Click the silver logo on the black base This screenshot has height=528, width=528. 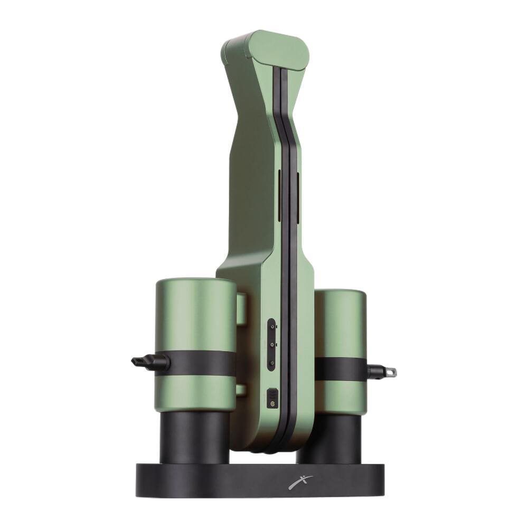(x=300, y=482)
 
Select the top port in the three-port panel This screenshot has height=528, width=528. (x=271, y=327)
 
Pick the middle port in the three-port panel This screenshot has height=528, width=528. (x=271, y=344)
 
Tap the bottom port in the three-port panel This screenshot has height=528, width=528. (x=271, y=363)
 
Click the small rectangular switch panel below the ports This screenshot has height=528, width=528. (x=272, y=398)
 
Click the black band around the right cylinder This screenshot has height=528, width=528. (x=341, y=369)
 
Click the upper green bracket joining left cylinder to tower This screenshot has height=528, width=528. (x=241, y=309)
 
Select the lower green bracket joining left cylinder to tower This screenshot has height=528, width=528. (x=241, y=390)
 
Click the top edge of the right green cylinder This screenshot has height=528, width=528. (x=341, y=291)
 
